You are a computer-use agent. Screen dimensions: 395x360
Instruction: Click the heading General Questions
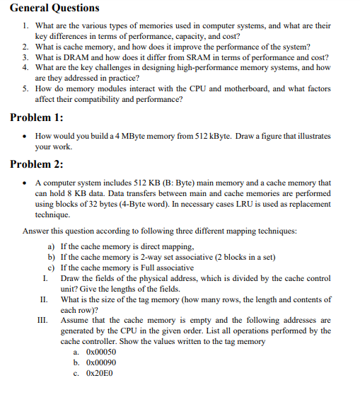click(55, 8)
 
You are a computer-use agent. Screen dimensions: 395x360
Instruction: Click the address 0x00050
click(100, 352)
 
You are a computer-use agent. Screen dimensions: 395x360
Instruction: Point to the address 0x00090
click(100, 362)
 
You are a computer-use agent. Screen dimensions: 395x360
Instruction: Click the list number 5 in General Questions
click(25, 88)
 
